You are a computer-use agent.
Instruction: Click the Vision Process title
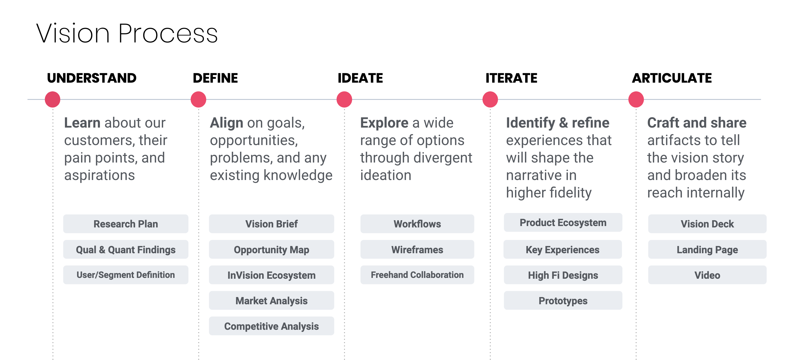[127, 33]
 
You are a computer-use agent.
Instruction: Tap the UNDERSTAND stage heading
[92, 78]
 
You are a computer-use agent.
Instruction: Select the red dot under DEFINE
[199, 99]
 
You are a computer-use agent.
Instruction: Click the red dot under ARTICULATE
[636, 99]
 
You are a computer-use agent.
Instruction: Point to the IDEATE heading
[360, 78]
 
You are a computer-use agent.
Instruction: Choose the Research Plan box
[126, 224]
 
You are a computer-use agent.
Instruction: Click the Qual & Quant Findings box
[126, 249]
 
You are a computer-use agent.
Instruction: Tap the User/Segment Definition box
[126, 275]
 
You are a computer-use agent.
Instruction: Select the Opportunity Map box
[272, 249]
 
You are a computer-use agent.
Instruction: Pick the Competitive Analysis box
[272, 326]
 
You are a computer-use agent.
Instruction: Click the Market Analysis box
[272, 301]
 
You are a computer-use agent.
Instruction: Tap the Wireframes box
[417, 249]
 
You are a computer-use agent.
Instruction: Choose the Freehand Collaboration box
[417, 275]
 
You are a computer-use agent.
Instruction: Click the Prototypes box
[563, 301]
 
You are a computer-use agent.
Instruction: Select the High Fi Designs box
[563, 275]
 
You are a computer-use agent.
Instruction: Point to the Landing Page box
[707, 249]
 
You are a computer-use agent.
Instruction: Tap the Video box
[707, 275]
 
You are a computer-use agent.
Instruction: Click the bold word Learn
[82, 123]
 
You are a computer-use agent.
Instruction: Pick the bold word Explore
[384, 123]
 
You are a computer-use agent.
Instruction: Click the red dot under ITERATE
[490, 99]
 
